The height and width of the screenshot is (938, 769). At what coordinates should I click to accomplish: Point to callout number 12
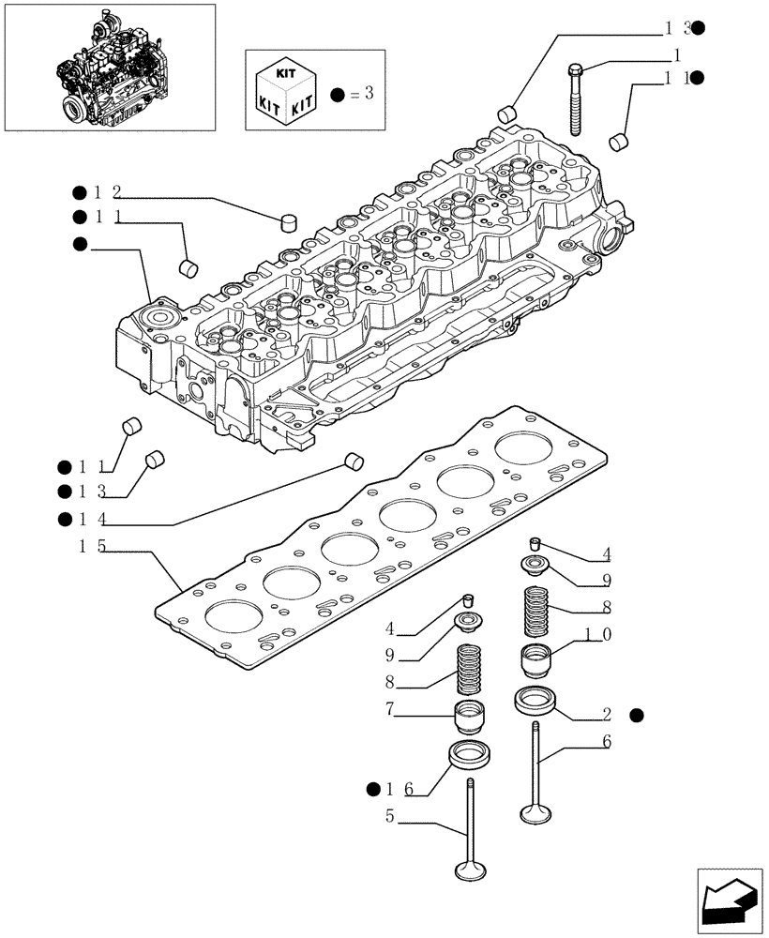click(x=107, y=193)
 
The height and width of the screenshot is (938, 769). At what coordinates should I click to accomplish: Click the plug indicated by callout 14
click(x=354, y=460)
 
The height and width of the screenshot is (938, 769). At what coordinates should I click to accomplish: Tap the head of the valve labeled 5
click(x=470, y=870)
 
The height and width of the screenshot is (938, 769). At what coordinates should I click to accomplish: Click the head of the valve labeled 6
click(x=535, y=811)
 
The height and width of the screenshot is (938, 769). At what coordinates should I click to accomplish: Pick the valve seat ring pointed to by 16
click(x=467, y=753)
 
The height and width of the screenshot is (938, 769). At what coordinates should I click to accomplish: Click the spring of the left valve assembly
click(x=470, y=671)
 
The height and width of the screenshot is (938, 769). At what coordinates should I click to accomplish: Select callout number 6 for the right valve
click(x=607, y=741)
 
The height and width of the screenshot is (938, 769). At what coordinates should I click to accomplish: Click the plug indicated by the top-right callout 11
click(x=619, y=142)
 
